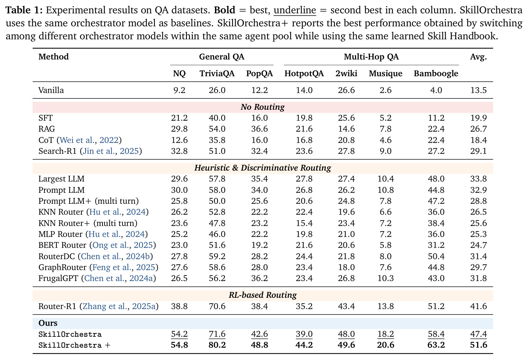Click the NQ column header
[x=179, y=74]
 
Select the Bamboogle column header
[x=436, y=74]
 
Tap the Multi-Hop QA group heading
[x=371, y=57]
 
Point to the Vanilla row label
[x=51, y=90]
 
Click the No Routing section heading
[x=262, y=107]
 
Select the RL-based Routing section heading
[x=262, y=295]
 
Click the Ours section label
[x=48, y=323]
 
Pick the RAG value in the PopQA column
[x=259, y=129]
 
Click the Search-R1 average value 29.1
[x=478, y=151]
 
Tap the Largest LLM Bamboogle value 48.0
[x=436, y=179]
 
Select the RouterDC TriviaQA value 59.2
[x=217, y=256]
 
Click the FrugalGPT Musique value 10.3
[x=385, y=278]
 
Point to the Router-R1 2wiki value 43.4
[x=346, y=306]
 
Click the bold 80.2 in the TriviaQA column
[x=217, y=345]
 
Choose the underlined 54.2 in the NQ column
[x=179, y=334]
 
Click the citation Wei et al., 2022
[x=89, y=140]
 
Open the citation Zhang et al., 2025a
[x=119, y=306]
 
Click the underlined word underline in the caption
[x=295, y=10]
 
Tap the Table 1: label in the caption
[x=24, y=10]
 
